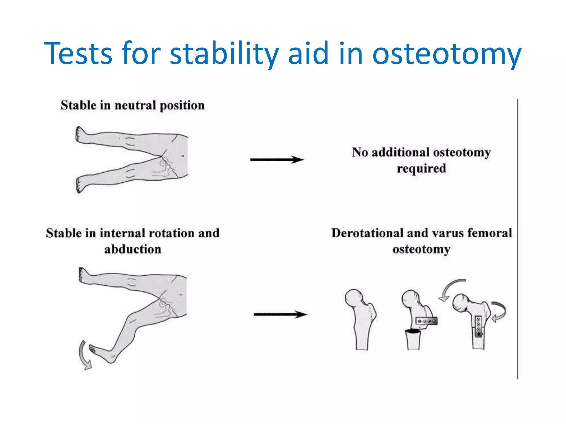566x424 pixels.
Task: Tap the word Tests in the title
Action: [x=78, y=53]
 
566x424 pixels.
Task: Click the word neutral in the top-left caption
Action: [x=135, y=105]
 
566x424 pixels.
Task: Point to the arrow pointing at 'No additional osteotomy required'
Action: [x=277, y=160]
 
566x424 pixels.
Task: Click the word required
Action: [x=421, y=168]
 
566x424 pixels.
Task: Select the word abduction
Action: [x=133, y=249]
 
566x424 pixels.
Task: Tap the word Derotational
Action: [x=367, y=233]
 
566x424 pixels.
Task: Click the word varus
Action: [x=448, y=233]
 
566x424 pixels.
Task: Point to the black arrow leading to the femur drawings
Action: [x=280, y=314]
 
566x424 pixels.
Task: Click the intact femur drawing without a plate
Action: [x=361, y=317]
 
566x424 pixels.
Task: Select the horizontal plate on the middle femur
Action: [x=426, y=321]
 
